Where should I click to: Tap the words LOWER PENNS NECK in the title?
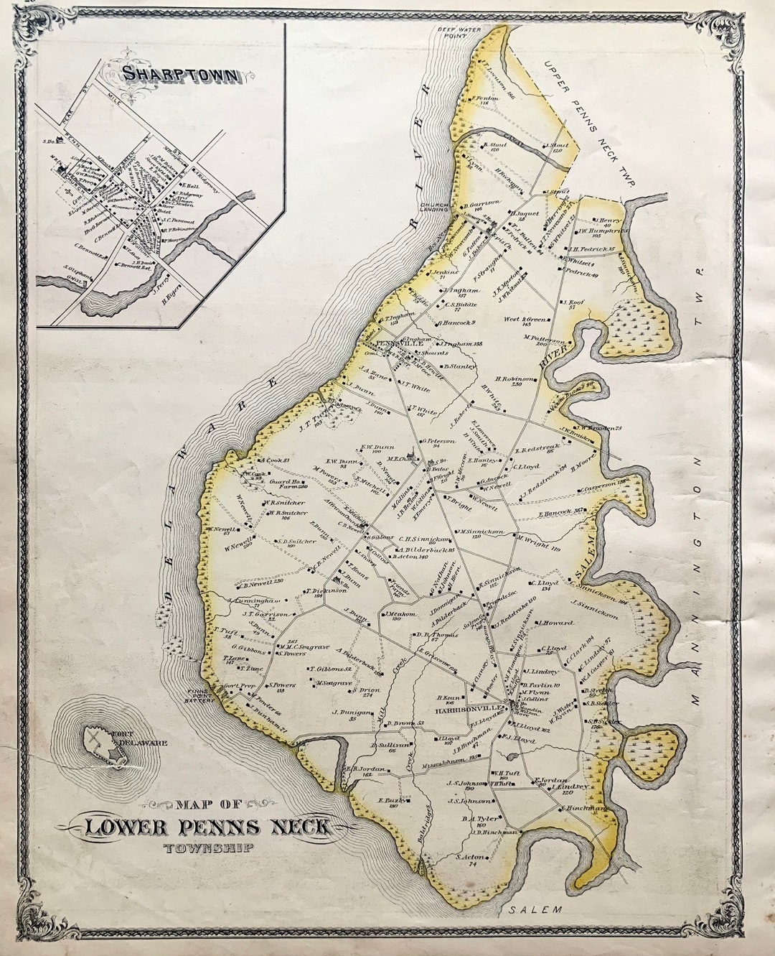click(208, 827)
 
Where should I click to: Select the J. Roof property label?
click(574, 304)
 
